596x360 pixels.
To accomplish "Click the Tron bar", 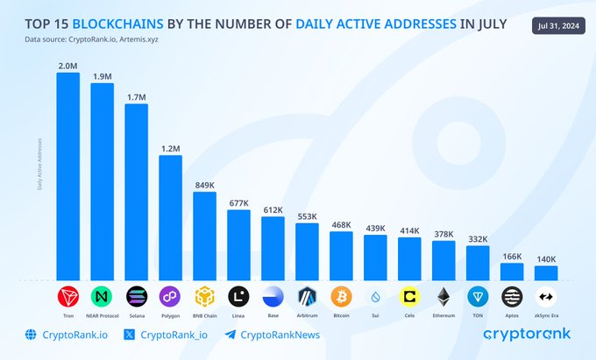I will (x=68, y=175).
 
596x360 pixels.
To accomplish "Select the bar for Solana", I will (x=137, y=192).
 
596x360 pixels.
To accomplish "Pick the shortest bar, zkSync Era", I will (x=546, y=272).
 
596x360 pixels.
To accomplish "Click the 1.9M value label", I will (x=102, y=76).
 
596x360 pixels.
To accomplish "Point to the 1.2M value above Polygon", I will (x=170, y=149).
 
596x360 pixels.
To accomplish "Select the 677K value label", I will (x=238, y=203).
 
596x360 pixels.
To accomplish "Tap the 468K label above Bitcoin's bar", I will (x=341, y=224).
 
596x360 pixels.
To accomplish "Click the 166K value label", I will (x=512, y=256).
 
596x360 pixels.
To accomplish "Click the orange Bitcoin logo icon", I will (x=341, y=296).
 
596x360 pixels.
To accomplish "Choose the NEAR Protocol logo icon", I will (x=102, y=296).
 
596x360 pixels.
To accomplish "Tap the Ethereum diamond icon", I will (x=443, y=296).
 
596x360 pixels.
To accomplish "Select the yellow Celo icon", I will (x=409, y=296).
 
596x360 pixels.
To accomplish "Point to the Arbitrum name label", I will (x=307, y=314).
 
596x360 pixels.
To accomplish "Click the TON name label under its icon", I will (x=478, y=314).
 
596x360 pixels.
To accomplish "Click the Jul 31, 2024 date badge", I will (x=558, y=27).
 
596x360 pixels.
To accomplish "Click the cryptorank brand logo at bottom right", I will (x=528, y=334).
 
